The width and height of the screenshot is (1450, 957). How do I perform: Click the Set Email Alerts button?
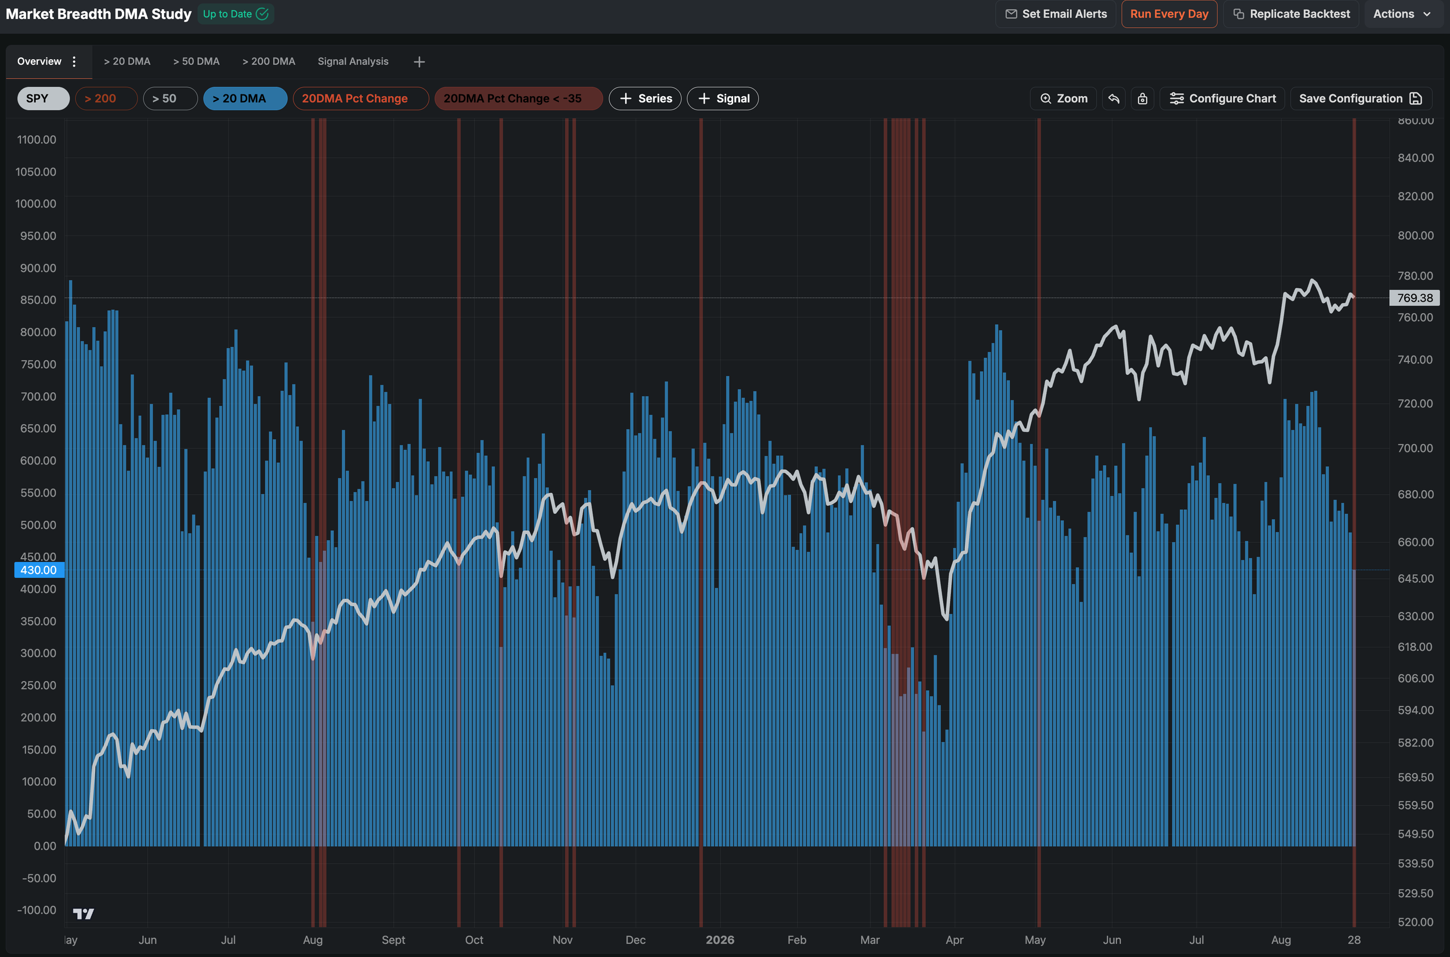pyautogui.click(x=1056, y=14)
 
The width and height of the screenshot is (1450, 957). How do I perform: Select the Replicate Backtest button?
pyautogui.click(x=1290, y=14)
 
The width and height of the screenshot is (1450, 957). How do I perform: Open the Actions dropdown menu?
pyautogui.click(x=1402, y=14)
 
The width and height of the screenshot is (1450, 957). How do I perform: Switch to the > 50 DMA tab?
pyautogui.click(x=196, y=61)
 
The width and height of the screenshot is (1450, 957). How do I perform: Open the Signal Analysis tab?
pyautogui.click(x=353, y=61)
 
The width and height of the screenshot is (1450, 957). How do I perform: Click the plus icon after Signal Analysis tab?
pyautogui.click(x=419, y=61)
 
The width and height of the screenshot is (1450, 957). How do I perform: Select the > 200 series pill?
pyautogui.click(x=106, y=98)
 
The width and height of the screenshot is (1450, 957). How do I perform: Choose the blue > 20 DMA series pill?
pyautogui.click(x=245, y=98)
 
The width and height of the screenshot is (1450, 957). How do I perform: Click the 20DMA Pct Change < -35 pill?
pyautogui.click(x=518, y=98)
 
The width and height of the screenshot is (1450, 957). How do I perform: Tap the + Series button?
pyautogui.click(x=645, y=98)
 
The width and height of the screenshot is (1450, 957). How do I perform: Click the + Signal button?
pyautogui.click(x=723, y=98)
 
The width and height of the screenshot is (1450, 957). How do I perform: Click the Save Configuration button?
pyautogui.click(x=1360, y=98)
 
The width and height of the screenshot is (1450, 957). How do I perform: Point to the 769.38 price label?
pyautogui.click(x=1415, y=298)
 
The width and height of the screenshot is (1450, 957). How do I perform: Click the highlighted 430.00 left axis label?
pyautogui.click(x=39, y=570)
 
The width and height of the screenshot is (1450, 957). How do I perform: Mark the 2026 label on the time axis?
pyautogui.click(x=720, y=940)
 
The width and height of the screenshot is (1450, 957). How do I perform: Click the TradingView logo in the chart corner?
pyautogui.click(x=84, y=913)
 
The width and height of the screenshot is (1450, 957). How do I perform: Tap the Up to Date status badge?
pyautogui.click(x=235, y=14)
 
